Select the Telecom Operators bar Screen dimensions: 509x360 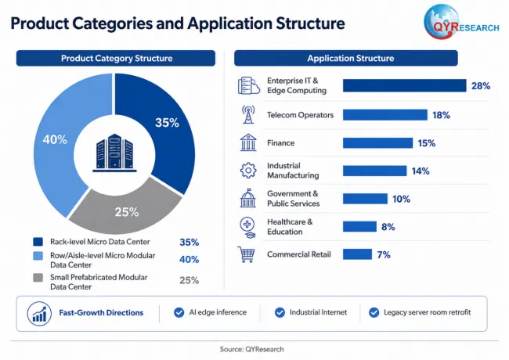[385, 115]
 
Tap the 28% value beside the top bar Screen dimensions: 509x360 [481, 86]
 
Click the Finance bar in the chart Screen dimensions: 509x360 [378, 143]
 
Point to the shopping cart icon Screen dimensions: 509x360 [246, 254]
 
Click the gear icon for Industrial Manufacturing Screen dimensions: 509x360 [248, 171]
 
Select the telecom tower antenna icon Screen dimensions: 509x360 [248, 114]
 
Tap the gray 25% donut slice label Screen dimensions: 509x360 [127, 212]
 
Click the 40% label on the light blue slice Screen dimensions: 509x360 [55, 139]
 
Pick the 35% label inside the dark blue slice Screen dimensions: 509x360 [167, 123]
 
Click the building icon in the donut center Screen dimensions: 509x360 [114, 153]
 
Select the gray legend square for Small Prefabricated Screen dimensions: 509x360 [38, 278]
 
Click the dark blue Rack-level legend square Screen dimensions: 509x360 [38, 242]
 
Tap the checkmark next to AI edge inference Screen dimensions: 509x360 [179, 312]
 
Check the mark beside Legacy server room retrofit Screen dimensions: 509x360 [374, 312]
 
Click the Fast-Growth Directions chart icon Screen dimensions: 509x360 [39, 314]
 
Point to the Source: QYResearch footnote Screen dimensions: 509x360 [251, 349]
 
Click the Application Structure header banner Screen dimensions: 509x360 [346, 58]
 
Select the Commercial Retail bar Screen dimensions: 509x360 [357, 254]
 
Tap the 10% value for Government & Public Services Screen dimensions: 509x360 [401, 199]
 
